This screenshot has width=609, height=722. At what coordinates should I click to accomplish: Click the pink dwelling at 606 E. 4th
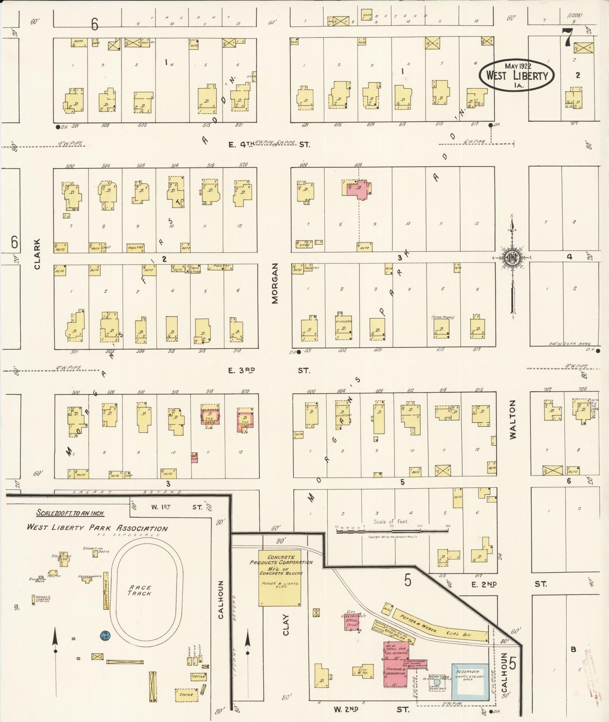(x=359, y=189)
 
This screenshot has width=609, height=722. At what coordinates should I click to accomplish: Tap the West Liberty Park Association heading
(x=97, y=528)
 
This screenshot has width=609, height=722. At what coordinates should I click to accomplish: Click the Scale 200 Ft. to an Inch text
(x=70, y=513)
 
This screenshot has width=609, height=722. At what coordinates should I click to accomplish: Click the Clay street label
(x=286, y=625)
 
